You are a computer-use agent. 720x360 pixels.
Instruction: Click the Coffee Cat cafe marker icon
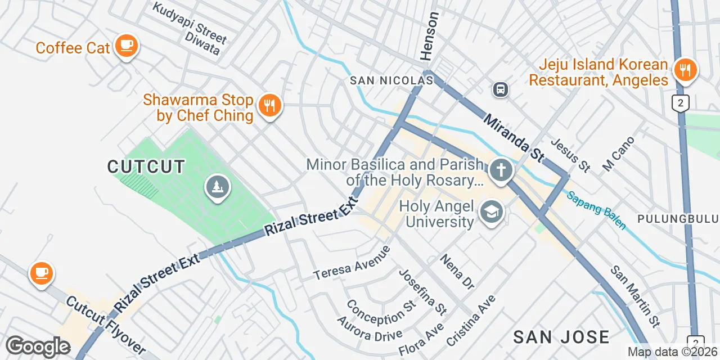point(126,45)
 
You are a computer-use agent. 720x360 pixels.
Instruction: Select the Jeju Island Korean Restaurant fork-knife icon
point(685,70)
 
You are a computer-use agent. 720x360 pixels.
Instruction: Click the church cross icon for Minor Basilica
point(500,169)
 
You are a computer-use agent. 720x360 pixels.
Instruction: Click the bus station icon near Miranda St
point(500,89)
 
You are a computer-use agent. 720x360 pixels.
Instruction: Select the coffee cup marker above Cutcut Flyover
point(41,273)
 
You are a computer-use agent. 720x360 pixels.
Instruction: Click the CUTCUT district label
point(146,166)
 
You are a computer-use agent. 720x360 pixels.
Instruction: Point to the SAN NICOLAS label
point(391,81)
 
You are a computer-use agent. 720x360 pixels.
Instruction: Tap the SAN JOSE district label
point(561,337)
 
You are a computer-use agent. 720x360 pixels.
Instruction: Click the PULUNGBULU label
point(678,218)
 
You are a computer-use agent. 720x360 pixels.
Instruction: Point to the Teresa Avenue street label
point(352,263)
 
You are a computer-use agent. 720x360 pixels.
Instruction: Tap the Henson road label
point(429,37)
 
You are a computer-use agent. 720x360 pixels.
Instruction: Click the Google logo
point(38,346)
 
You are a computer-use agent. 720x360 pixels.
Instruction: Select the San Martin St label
point(635,296)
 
